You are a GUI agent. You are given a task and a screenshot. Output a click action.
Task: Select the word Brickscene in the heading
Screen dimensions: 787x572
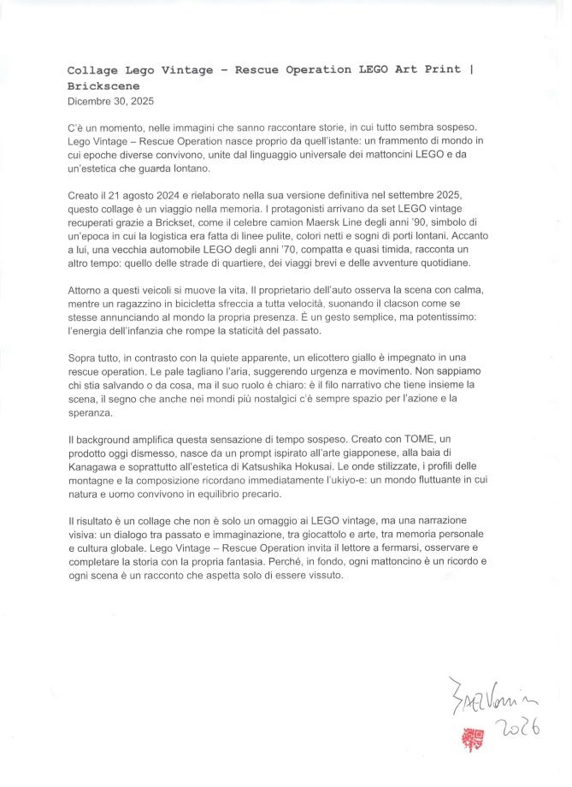[102, 86]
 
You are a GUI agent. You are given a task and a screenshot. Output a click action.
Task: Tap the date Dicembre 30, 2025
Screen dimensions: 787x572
[111, 101]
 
